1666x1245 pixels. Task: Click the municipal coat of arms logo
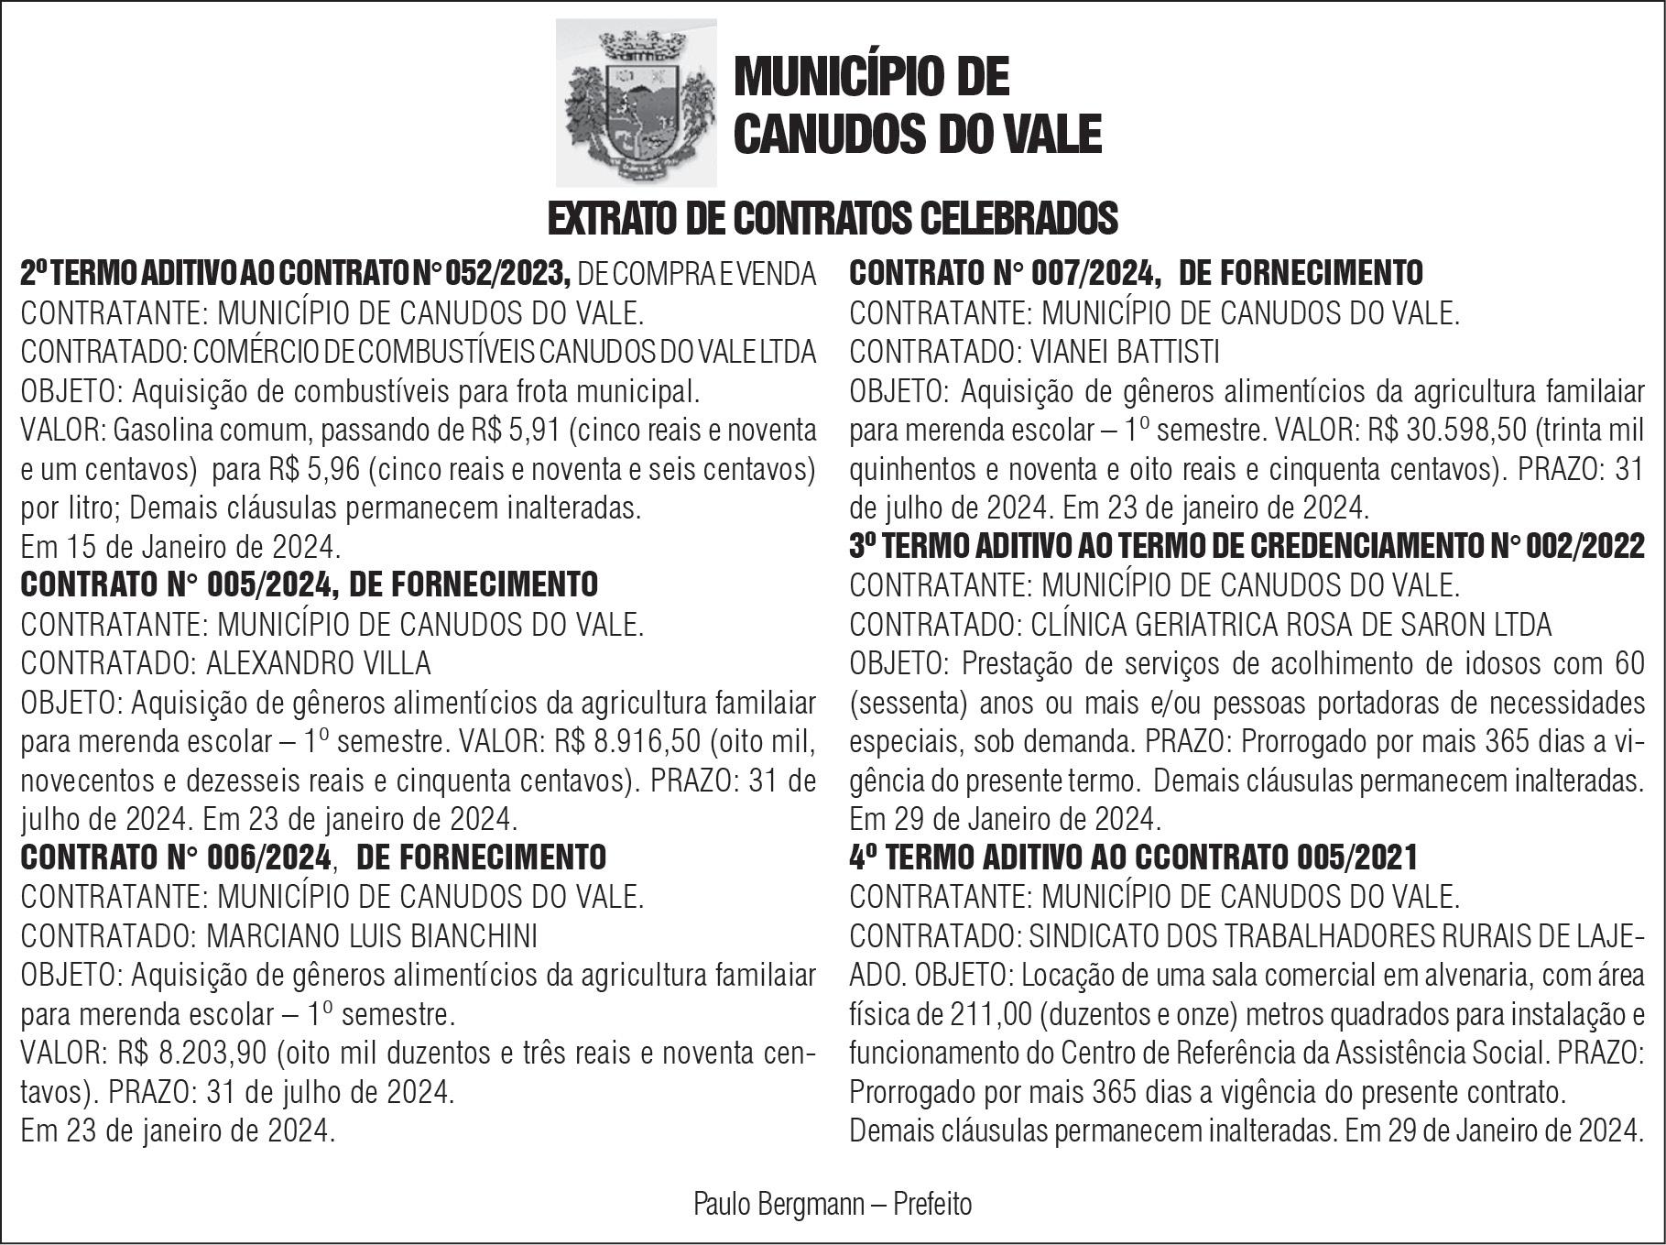(637, 103)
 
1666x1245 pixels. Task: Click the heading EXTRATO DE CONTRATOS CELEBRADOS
(832, 218)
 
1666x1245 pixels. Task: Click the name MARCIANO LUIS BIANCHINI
(372, 935)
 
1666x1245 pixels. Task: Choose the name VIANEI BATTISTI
(1125, 351)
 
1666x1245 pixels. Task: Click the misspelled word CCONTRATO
(1212, 857)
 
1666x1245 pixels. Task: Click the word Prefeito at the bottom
(932, 1204)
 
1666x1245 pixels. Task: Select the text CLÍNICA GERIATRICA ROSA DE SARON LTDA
(1290, 624)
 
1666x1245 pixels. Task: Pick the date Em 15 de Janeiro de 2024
(180, 547)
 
